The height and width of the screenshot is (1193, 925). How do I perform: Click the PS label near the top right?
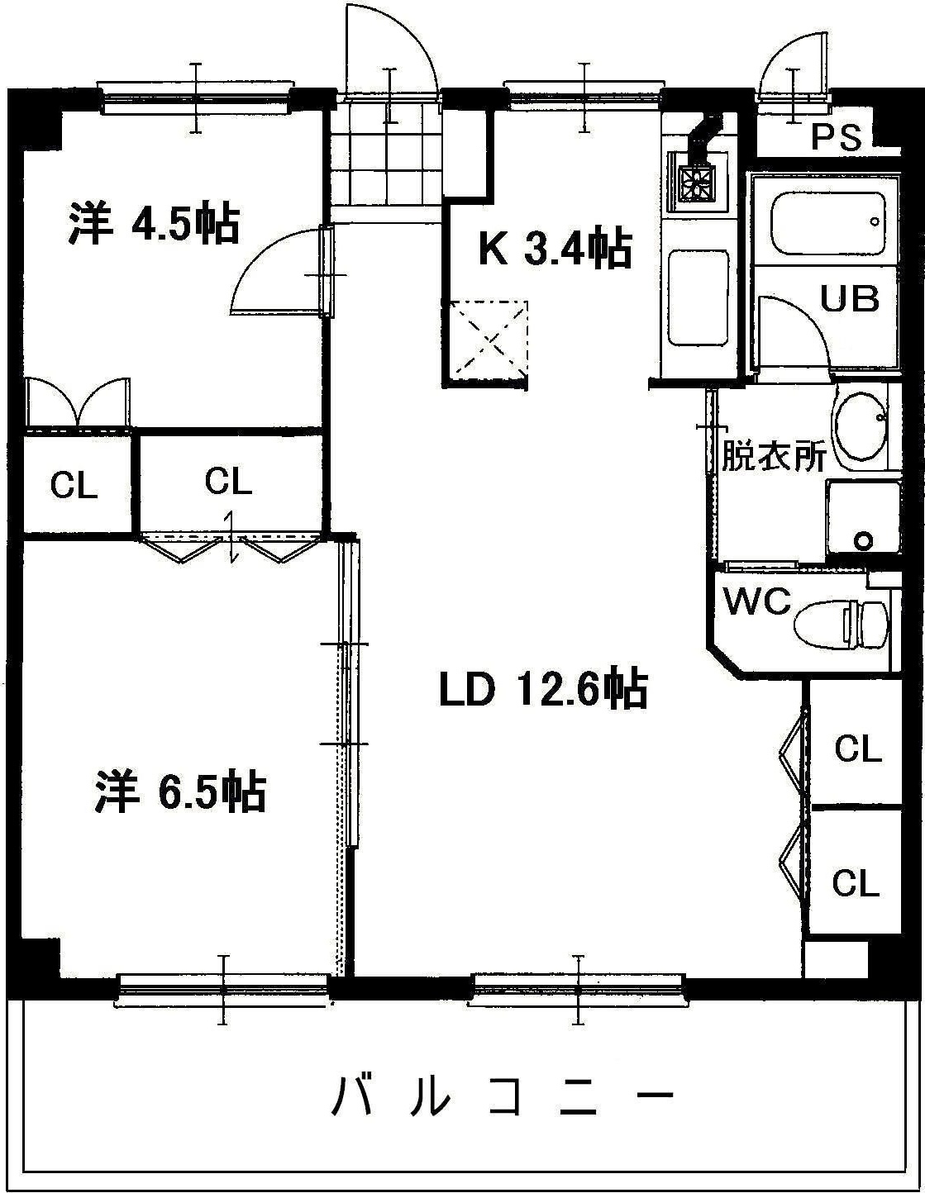(x=836, y=137)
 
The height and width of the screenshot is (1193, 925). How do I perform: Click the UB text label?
(x=849, y=298)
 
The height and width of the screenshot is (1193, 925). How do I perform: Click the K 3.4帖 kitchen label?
(x=555, y=249)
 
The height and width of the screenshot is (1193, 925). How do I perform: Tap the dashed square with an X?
(x=487, y=338)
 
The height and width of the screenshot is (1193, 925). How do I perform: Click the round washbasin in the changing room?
(x=861, y=427)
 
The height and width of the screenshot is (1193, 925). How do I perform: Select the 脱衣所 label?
(x=773, y=456)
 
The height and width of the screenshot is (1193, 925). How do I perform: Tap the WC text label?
(x=756, y=601)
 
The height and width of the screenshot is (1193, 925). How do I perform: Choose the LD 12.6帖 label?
(x=542, y=690)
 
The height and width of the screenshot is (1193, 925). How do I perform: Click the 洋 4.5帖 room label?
(x=154, y=225)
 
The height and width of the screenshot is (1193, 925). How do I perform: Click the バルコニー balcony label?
(x=503, y=1096)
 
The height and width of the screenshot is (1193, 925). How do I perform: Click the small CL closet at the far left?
(x=74, y=486)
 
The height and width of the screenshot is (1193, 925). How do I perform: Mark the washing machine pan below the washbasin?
(x=862, y=519)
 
